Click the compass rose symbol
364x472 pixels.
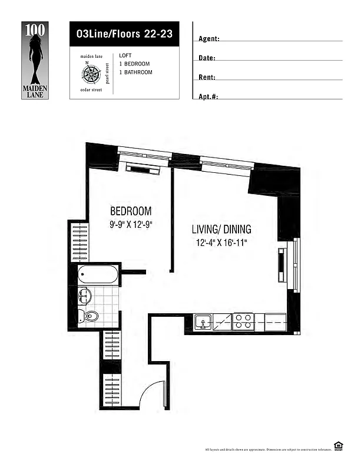91,73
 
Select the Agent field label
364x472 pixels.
209,39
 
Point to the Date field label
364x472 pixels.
207,58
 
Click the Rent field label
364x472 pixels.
207,77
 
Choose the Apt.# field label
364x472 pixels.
209,96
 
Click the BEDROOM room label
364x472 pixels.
131,211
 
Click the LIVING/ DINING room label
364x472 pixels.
222,230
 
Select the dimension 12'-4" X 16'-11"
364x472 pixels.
221,242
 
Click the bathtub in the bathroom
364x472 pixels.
98,274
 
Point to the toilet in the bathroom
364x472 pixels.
88,317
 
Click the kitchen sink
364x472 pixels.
204,322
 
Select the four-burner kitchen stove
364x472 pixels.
243,322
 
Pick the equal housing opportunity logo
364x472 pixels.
338,446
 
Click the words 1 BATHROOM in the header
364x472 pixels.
135,73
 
